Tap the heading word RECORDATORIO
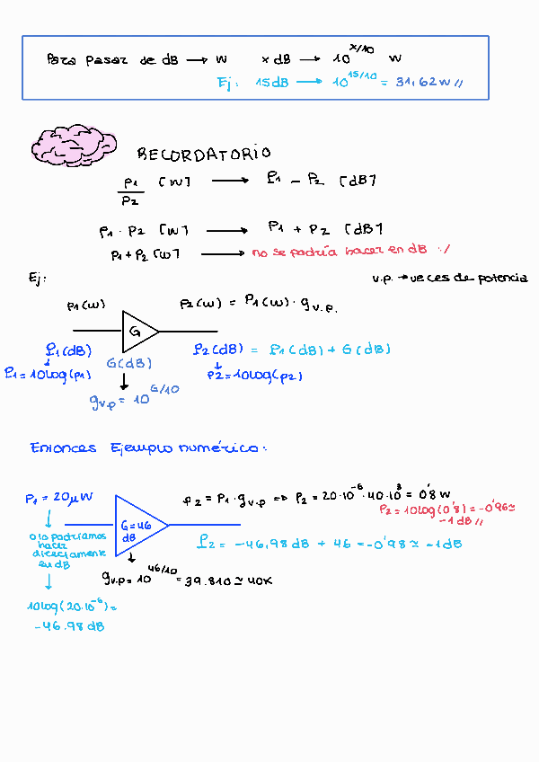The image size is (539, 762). [x=203, y=155]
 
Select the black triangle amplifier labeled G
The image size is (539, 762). [x=139, y=331]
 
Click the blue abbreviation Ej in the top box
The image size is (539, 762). [x=227, y=83]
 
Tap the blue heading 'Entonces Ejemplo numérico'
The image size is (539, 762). [x=147, y=447]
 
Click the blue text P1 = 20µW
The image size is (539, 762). [x=59, y=498]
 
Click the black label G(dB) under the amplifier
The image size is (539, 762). [x=128, y=363]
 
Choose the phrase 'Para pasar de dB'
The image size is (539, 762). [x=112, y=60]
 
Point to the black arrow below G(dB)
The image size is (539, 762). [x=124, y=381]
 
